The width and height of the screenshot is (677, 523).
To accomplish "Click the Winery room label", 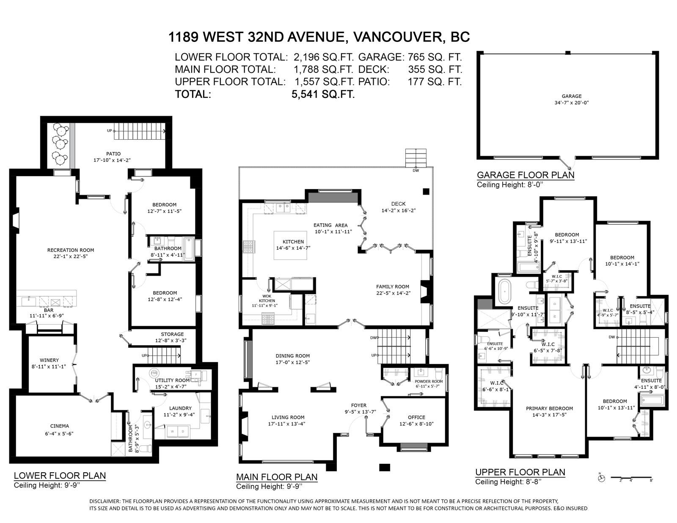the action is point(49,360).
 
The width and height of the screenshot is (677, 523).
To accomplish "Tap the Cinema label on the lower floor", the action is point(60,426).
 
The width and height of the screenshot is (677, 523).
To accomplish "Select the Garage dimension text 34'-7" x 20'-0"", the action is point(571,102).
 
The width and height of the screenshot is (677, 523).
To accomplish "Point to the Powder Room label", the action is point(428,381).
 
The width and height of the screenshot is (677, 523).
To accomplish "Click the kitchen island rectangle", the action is point(290,245).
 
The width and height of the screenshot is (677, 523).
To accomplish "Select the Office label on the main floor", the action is point(416,417).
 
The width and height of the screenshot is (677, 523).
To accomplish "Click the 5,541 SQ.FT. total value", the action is point(323,94).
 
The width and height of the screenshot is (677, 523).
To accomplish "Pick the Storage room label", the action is point(172,334).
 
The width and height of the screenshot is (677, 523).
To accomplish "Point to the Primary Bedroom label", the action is point(549,408).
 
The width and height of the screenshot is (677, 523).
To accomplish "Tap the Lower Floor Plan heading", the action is point(60,476).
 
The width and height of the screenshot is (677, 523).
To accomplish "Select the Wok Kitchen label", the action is point(267,298).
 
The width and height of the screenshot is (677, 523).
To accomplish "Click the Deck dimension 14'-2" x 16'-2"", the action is point(399,210).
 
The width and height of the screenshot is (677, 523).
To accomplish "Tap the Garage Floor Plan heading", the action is point(526,175).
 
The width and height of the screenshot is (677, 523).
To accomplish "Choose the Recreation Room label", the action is point(71,250).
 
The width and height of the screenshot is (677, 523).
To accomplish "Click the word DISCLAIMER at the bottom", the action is point(105,501).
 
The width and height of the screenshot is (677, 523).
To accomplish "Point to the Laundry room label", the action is point(180,408).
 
